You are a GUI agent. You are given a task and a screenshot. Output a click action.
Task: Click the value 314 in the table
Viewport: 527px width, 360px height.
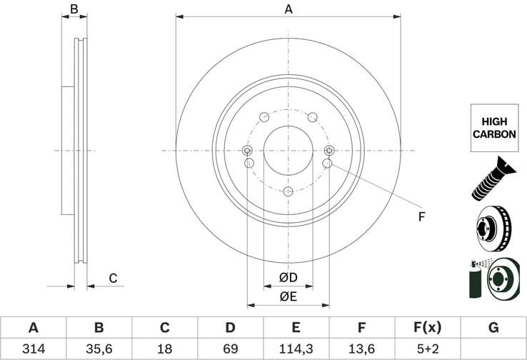(x=33, y=349)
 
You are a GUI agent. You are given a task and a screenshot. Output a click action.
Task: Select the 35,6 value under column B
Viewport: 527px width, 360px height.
(x=99, y=349)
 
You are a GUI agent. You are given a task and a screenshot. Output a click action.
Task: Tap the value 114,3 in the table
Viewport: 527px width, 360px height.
(x=296, y=349)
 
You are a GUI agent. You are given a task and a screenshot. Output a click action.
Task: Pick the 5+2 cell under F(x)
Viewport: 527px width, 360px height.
(x=428, y=349)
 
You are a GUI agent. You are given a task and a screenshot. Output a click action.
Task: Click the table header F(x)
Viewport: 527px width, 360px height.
(x=428, y=328)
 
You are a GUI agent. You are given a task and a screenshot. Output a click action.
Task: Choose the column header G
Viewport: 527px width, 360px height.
(x=493, y=328)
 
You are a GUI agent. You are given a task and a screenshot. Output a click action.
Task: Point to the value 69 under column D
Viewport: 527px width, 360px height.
(x=230, y=349)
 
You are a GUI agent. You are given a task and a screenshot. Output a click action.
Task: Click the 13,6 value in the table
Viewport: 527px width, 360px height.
(x=362, y=349)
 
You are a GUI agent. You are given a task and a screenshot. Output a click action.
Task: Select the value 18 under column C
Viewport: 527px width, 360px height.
(x=164, y=349)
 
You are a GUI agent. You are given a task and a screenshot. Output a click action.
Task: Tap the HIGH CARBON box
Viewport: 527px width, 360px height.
(x=493, y=128)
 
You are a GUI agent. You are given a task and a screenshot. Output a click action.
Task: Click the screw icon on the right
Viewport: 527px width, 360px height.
(x=493, y=178)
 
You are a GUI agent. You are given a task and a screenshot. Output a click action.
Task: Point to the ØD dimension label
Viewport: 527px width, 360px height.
(x=288, y=277)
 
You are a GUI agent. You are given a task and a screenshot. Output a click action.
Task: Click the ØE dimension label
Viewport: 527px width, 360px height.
(x=288, y=296)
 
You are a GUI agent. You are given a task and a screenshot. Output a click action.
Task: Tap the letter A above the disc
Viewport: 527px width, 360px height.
(x=288, y=9)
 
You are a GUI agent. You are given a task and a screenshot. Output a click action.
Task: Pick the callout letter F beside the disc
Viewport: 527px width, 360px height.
(x=421, y=216)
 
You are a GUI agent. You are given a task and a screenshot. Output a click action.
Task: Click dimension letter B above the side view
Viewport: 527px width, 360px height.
(x=74, y=9)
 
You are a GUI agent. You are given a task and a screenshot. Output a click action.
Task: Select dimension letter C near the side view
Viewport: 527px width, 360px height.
(x=112, y=278)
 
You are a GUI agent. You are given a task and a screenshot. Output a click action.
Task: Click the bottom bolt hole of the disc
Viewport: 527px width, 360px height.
(x=288, y=191)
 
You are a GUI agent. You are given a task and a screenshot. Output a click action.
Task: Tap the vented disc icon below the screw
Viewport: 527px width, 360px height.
(x=493, y=228)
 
